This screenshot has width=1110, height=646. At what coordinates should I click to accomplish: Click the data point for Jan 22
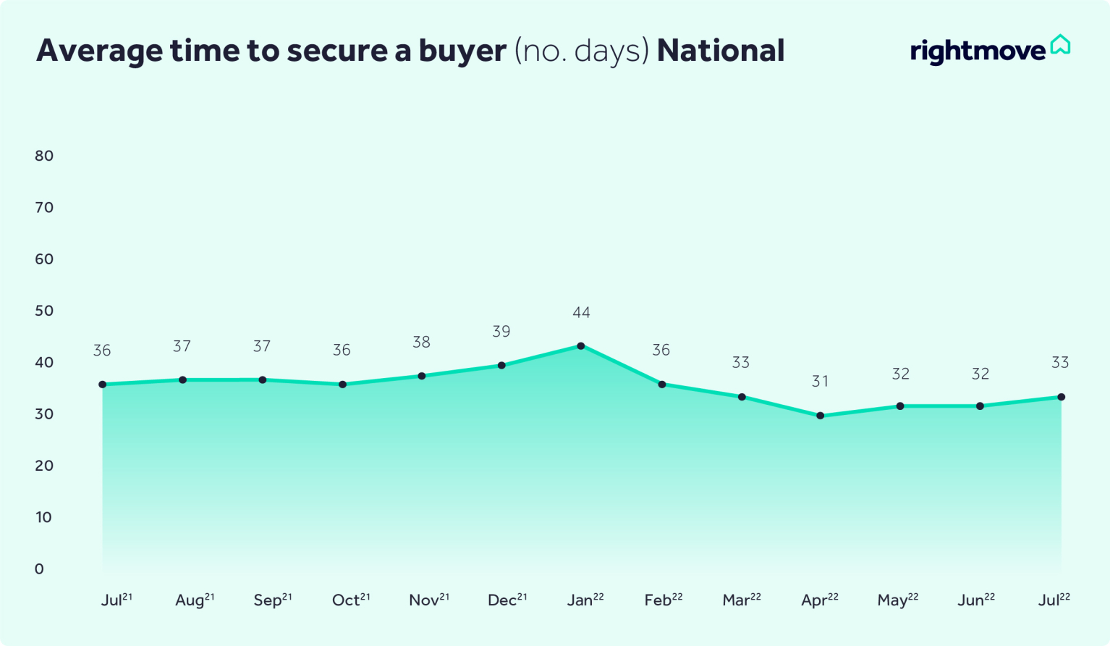(581, 346)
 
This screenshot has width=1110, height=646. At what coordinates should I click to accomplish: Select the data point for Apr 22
(820, 416)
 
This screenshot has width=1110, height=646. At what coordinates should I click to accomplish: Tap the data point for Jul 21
(103, 385)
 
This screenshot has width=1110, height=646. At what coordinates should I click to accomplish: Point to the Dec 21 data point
(501, 366)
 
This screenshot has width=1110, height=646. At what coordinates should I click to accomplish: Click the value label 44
(581, 313)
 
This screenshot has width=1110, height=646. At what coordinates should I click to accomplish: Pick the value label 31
(820, 382)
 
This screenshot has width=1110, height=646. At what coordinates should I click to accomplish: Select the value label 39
(501, 332)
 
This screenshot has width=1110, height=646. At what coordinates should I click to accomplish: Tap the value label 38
(421, 342)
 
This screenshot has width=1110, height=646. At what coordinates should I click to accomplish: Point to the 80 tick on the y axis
(44, 156)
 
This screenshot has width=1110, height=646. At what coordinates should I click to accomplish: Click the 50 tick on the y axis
(44, 311)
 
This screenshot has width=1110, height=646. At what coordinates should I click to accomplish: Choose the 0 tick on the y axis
(39, 569)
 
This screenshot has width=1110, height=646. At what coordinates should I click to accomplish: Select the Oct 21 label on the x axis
(351, 600)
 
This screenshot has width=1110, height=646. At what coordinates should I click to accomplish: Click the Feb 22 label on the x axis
(664, 600)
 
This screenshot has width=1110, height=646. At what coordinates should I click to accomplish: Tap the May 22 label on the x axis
(898, 600)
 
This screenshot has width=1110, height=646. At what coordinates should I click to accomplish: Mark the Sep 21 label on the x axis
(273, 600)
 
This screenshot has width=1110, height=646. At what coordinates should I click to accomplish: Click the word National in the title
(721, 51)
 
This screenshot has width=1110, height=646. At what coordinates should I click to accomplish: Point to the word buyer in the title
(462, 51)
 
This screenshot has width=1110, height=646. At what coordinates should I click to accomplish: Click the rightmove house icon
(1060, 45)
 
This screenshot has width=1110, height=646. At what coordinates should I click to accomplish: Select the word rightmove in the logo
(978, 51)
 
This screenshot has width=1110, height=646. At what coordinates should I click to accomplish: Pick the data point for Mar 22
(742, 397)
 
